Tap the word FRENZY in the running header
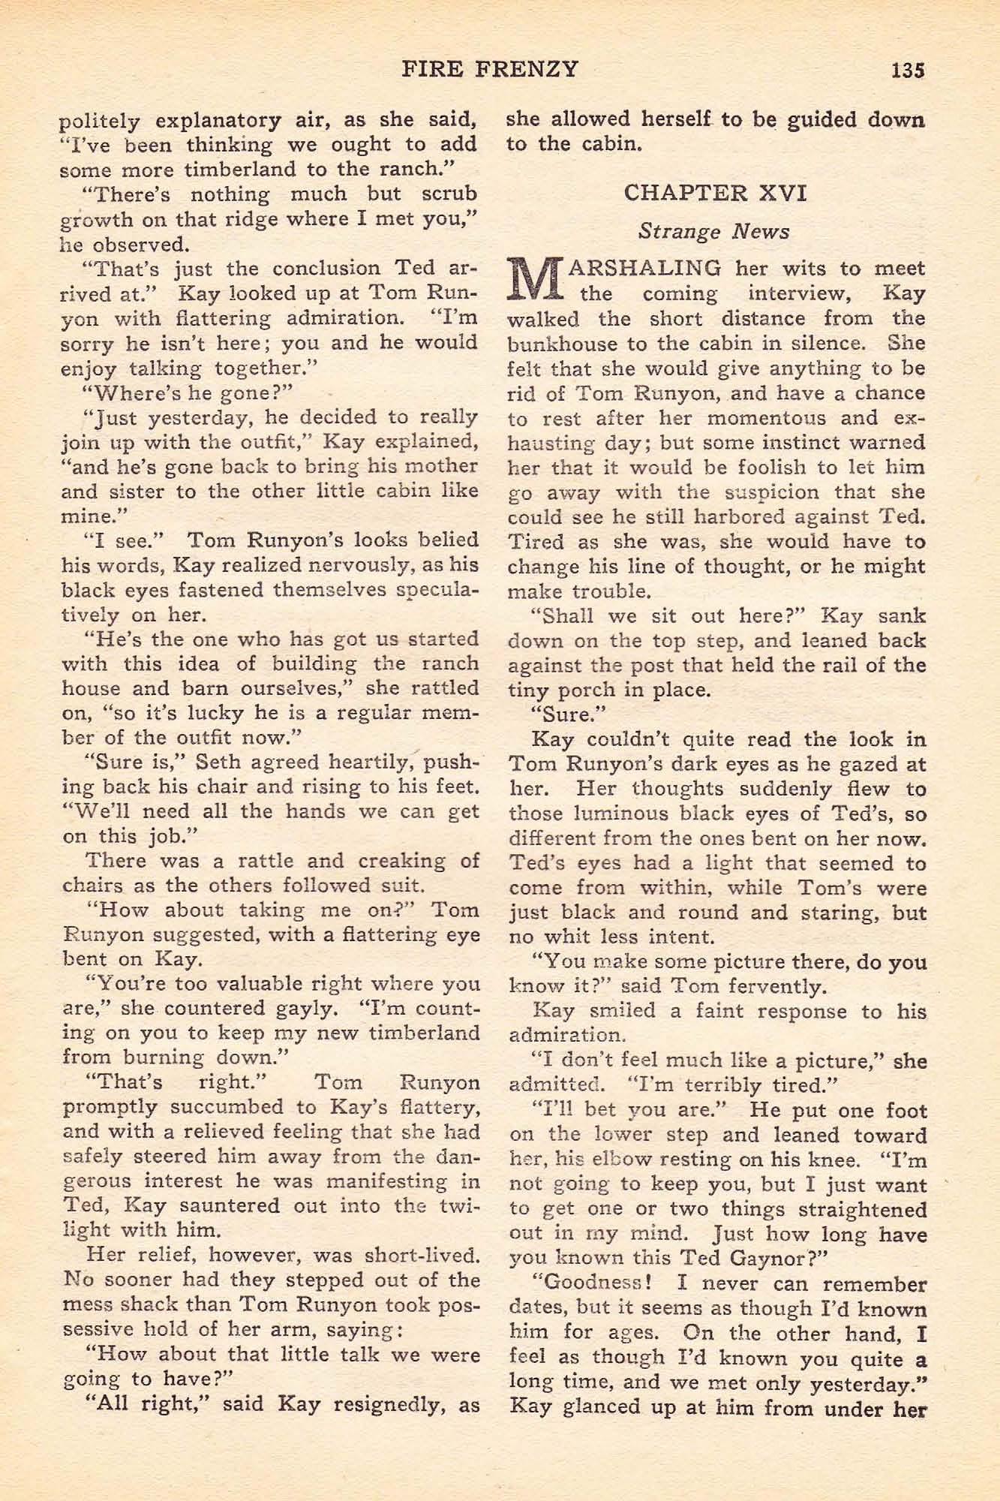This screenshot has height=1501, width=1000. pos(531,69)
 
